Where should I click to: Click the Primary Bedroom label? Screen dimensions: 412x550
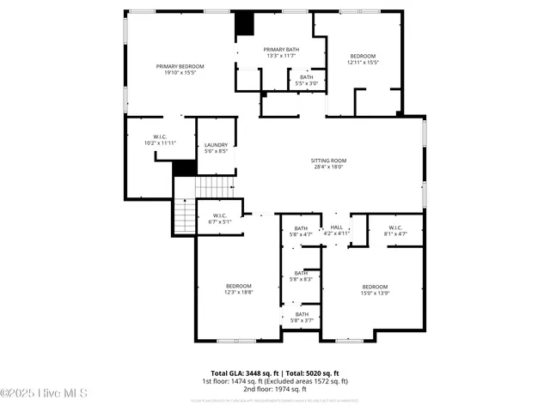[180, 70]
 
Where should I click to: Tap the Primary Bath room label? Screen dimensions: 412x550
[281, 53]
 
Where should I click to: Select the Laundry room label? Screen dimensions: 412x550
[216, 148]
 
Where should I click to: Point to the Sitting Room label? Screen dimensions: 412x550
[327, 163]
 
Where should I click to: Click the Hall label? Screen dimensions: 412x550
[337, 230]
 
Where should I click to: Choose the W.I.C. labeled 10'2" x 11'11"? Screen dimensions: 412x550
[160, 139]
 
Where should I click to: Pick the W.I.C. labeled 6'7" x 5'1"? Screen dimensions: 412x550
[220, 218]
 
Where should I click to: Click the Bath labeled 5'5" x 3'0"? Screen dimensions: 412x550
[307, 80]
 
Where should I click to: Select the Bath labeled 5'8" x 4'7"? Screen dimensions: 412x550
[302, 230]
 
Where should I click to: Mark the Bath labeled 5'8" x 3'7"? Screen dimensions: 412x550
[302, 317]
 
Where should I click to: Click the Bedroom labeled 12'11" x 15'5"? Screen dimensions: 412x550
[363, 59]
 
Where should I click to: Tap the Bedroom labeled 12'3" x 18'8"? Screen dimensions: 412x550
[239, 288]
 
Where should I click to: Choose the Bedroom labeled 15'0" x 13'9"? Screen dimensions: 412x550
[375, 289]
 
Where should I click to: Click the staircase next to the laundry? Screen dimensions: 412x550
[215, 186]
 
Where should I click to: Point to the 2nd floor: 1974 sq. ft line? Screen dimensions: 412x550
[274, 389]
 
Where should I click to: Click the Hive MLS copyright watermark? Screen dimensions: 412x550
[44, 394]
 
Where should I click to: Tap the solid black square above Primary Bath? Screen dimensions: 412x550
[246, 23]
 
